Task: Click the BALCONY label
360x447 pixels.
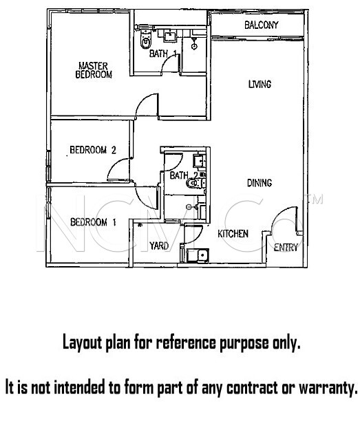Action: [261, 25]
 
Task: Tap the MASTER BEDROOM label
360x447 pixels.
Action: [94, 70]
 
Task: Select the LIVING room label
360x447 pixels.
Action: [260, 84]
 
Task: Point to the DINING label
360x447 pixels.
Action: [260, 183]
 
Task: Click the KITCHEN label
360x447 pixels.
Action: [233, 234]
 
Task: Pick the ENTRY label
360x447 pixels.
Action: [286, 247]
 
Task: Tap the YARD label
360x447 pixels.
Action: [159, 246]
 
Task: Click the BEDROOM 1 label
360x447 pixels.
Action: [94, 222]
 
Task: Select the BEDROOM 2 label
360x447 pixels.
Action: [93, 150]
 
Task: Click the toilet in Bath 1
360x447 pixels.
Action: [146, 40]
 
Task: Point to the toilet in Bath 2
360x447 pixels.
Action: [195, 183]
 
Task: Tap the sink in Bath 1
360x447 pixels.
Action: [170, 36]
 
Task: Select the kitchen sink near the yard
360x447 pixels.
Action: [198, 255]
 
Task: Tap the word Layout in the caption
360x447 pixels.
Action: [82, 342]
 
